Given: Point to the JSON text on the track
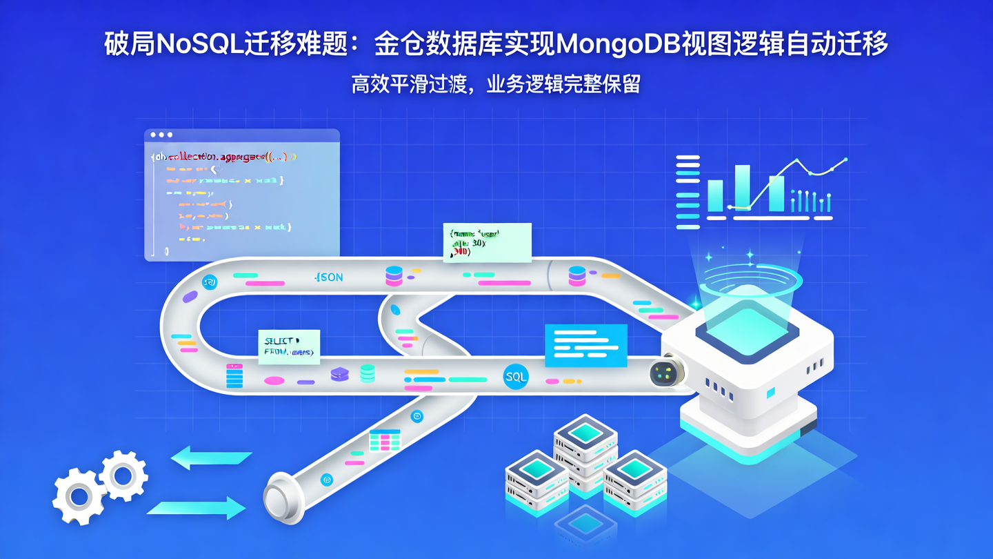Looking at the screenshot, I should (x=328, y=277).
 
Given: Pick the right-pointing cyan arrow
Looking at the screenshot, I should (x=197, y=509).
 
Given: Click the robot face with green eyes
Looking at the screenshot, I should (x=664, y=373).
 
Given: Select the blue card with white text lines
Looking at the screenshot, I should (x=585, y=346).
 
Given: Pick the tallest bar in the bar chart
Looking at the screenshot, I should (x=742, y=187).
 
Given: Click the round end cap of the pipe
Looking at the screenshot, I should (x=279, y=496).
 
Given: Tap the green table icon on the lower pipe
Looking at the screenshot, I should (x=385, y=440).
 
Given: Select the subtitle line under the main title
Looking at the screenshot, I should (x=496, y=84).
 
